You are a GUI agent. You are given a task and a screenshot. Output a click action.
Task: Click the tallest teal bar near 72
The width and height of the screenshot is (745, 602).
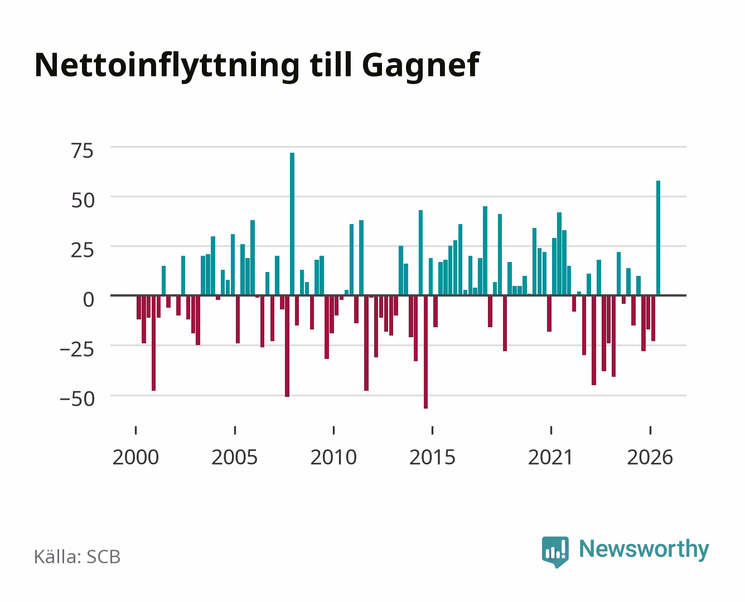(292, 224)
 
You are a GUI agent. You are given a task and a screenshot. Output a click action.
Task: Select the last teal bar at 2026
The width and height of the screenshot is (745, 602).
(658, 238)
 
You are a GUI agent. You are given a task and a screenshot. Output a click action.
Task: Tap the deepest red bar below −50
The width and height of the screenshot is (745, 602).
(425, 352)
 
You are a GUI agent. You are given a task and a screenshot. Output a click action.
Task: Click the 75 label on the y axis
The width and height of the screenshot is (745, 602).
(83, 151)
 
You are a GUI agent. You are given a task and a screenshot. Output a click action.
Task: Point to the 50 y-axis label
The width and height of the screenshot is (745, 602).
(83, 201)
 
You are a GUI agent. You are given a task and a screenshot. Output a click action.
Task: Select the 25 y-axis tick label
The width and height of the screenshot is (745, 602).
(83, 250)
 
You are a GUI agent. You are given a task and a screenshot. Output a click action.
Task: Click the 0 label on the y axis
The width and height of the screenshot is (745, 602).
(89, 300)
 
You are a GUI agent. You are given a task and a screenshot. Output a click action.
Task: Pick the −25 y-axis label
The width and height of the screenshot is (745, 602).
(77, 349)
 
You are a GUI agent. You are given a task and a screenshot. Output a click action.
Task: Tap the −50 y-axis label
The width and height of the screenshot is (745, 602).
(78, 399)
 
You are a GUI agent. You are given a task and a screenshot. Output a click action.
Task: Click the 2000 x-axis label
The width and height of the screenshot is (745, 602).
(136, 457)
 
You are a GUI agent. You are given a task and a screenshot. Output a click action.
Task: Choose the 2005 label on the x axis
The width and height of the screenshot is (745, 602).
(235, 457)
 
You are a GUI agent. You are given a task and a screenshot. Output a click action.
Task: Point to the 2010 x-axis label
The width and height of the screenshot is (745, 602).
(333, 457)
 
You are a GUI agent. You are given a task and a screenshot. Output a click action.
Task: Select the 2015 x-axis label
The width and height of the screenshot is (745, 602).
(433, 457)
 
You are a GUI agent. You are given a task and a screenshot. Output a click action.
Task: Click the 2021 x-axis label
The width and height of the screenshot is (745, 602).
(550, 457)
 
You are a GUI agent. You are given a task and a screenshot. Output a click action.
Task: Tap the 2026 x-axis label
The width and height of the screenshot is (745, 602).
(650, 457)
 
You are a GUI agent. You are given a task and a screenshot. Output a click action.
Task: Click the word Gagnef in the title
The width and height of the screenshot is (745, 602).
(421, 66)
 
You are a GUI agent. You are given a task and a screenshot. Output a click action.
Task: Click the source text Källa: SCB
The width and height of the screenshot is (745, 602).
(78, 556)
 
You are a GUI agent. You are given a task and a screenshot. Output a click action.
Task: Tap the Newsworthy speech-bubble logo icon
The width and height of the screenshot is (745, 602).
(555, 552)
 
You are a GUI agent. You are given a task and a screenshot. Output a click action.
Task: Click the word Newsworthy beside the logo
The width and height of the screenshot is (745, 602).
(644, 550)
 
